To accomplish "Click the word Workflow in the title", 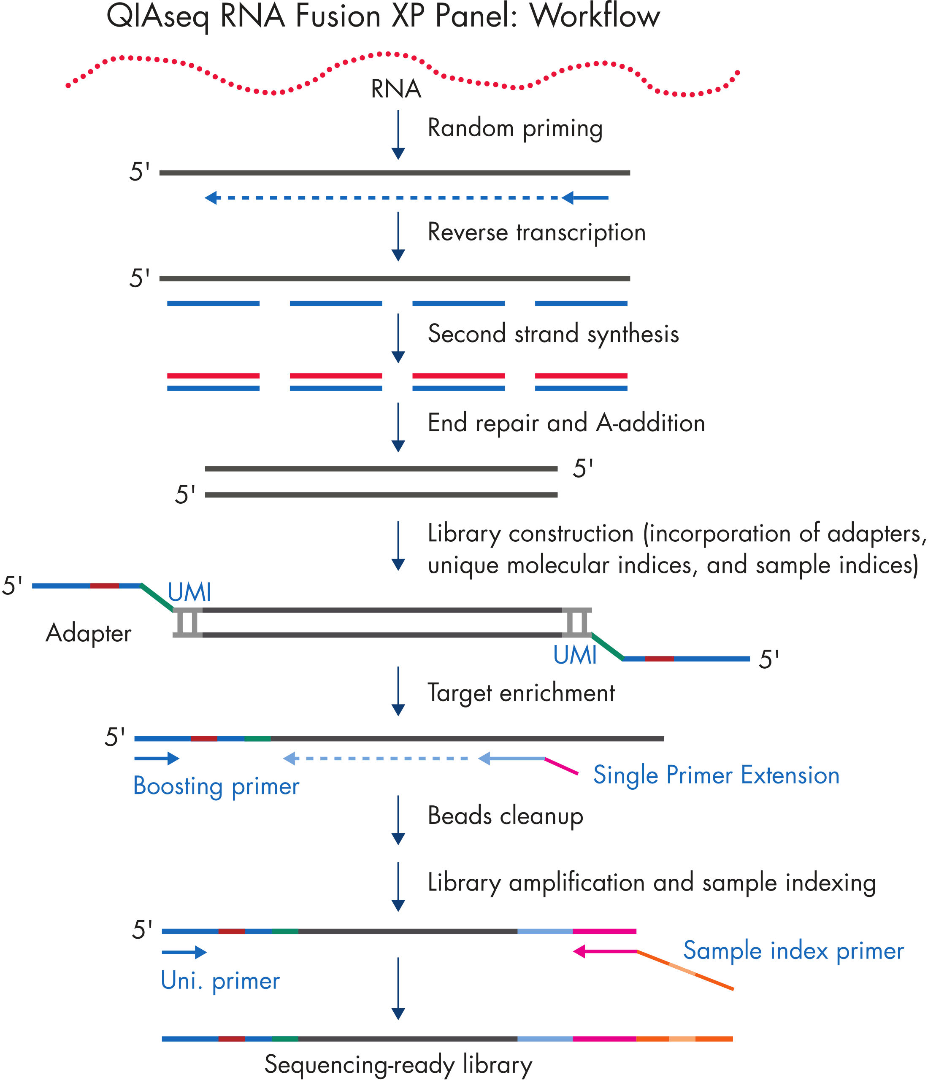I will [x=595, y=17].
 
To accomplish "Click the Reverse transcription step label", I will [x=536, y=232].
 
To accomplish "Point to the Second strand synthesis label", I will [x=553, y=334].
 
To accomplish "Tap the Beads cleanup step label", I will [x=505, y=816].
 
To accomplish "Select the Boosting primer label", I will [x=216, y=786].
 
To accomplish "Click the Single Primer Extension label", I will [x=716, y=775].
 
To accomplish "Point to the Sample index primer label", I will [x=793, y=950].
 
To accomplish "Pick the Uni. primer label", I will [x=220, y=981].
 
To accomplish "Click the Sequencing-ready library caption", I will [x=398, y=1064].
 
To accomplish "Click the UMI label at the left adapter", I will [x=189, y=593].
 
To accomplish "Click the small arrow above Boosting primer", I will [x=157, y=758].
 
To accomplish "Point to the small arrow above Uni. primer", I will [x=184, y=952].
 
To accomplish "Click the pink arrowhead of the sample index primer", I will [x=579, y=951].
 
